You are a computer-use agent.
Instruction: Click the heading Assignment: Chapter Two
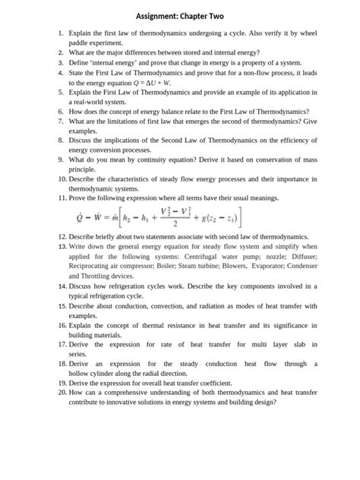[180, 16]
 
